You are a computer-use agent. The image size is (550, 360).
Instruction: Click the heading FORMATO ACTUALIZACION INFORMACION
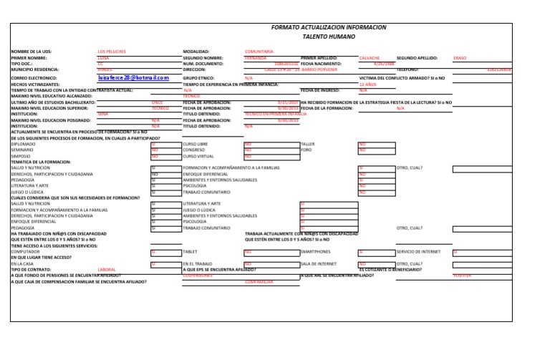point(329,27)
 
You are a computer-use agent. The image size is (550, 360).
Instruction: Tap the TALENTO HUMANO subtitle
point(329,37)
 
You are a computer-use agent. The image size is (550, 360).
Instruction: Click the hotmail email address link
point(133,77)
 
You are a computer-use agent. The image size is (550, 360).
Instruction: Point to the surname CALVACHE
point(370,58)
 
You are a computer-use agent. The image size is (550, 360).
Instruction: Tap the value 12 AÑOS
point(367,84)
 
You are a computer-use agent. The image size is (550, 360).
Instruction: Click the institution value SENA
point(102,114)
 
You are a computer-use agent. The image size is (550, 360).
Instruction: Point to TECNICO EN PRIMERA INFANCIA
point(275,114)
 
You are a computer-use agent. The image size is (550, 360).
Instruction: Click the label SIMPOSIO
point(21,155)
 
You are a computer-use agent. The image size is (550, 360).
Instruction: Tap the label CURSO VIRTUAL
point(198,155)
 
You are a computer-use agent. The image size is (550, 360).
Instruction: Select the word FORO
point(306,150)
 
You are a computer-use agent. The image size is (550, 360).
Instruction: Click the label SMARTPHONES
point(316,252)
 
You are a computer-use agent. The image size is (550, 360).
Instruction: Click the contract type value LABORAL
point(107,269)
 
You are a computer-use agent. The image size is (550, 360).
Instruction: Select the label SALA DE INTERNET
point(318,263)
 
